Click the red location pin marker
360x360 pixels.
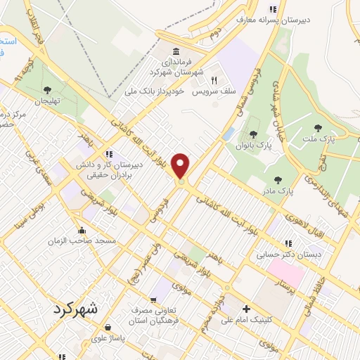(181, 167)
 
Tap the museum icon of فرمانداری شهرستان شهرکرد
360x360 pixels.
(175, 53)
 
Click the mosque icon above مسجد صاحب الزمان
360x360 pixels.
(82, 229)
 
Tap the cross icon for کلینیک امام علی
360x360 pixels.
(245, 309)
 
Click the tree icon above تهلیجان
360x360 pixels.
(47, 89)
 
